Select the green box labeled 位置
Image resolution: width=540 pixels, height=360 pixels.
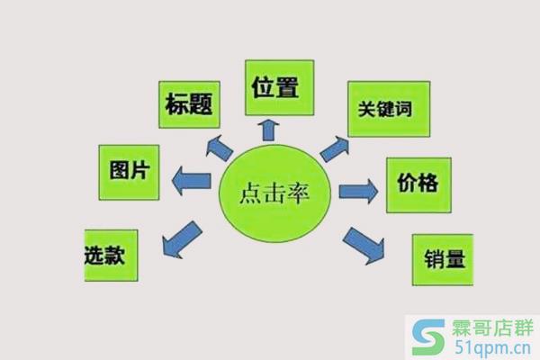(278, 87)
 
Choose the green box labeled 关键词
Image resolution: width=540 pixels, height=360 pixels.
(388, 109)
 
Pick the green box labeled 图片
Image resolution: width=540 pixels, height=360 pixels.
(128, 172)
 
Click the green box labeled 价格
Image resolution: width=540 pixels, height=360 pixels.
(418, 184)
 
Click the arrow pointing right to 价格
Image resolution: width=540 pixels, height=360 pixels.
(358, 191)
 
